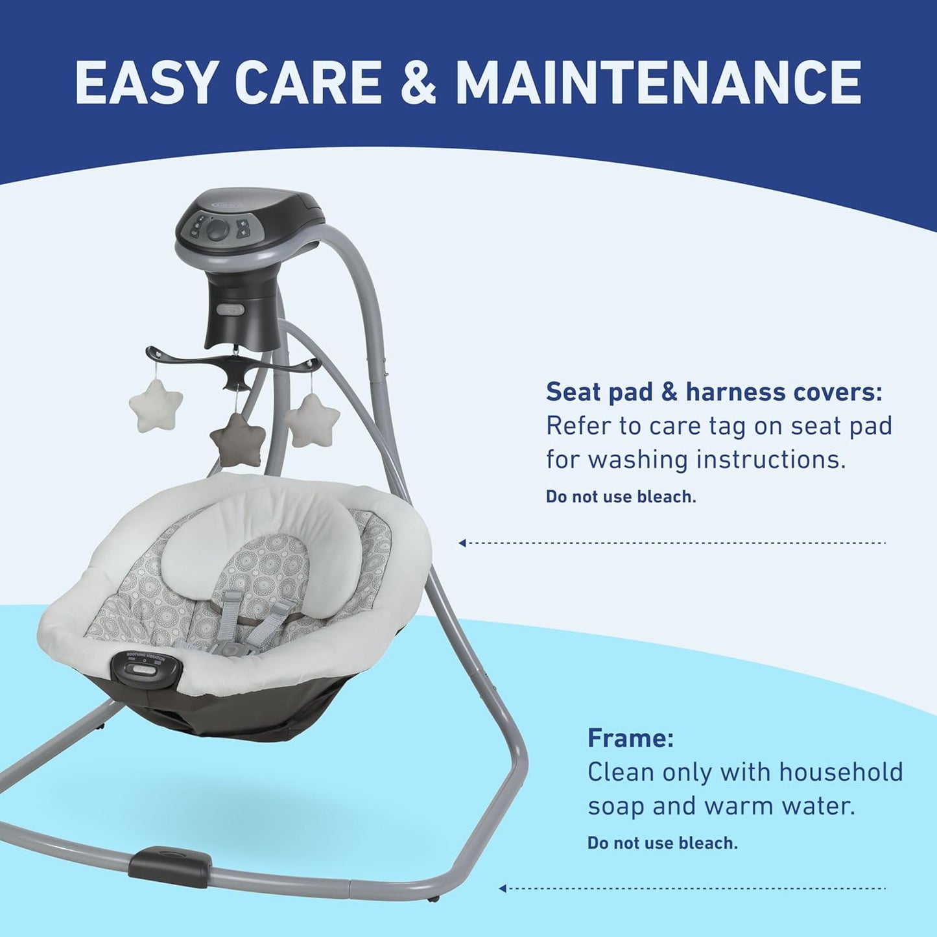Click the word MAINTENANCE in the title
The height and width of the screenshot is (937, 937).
[658, 82]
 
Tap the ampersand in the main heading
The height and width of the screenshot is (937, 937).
[418, 82]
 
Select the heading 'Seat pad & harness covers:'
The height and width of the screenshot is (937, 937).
[714, 392]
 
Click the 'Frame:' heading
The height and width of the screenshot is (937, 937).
[630, 738]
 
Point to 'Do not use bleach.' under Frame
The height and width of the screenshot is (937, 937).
[662, 843]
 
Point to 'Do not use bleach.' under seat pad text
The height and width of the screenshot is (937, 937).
[621, 497]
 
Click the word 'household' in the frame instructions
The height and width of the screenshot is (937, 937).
[840, 772]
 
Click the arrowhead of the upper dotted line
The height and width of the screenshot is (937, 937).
[462, 543]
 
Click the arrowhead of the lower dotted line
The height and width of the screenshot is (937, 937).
[503, 888]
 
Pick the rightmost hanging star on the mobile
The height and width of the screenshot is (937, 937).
[314, 420]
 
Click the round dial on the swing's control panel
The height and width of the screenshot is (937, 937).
[218, 229]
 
